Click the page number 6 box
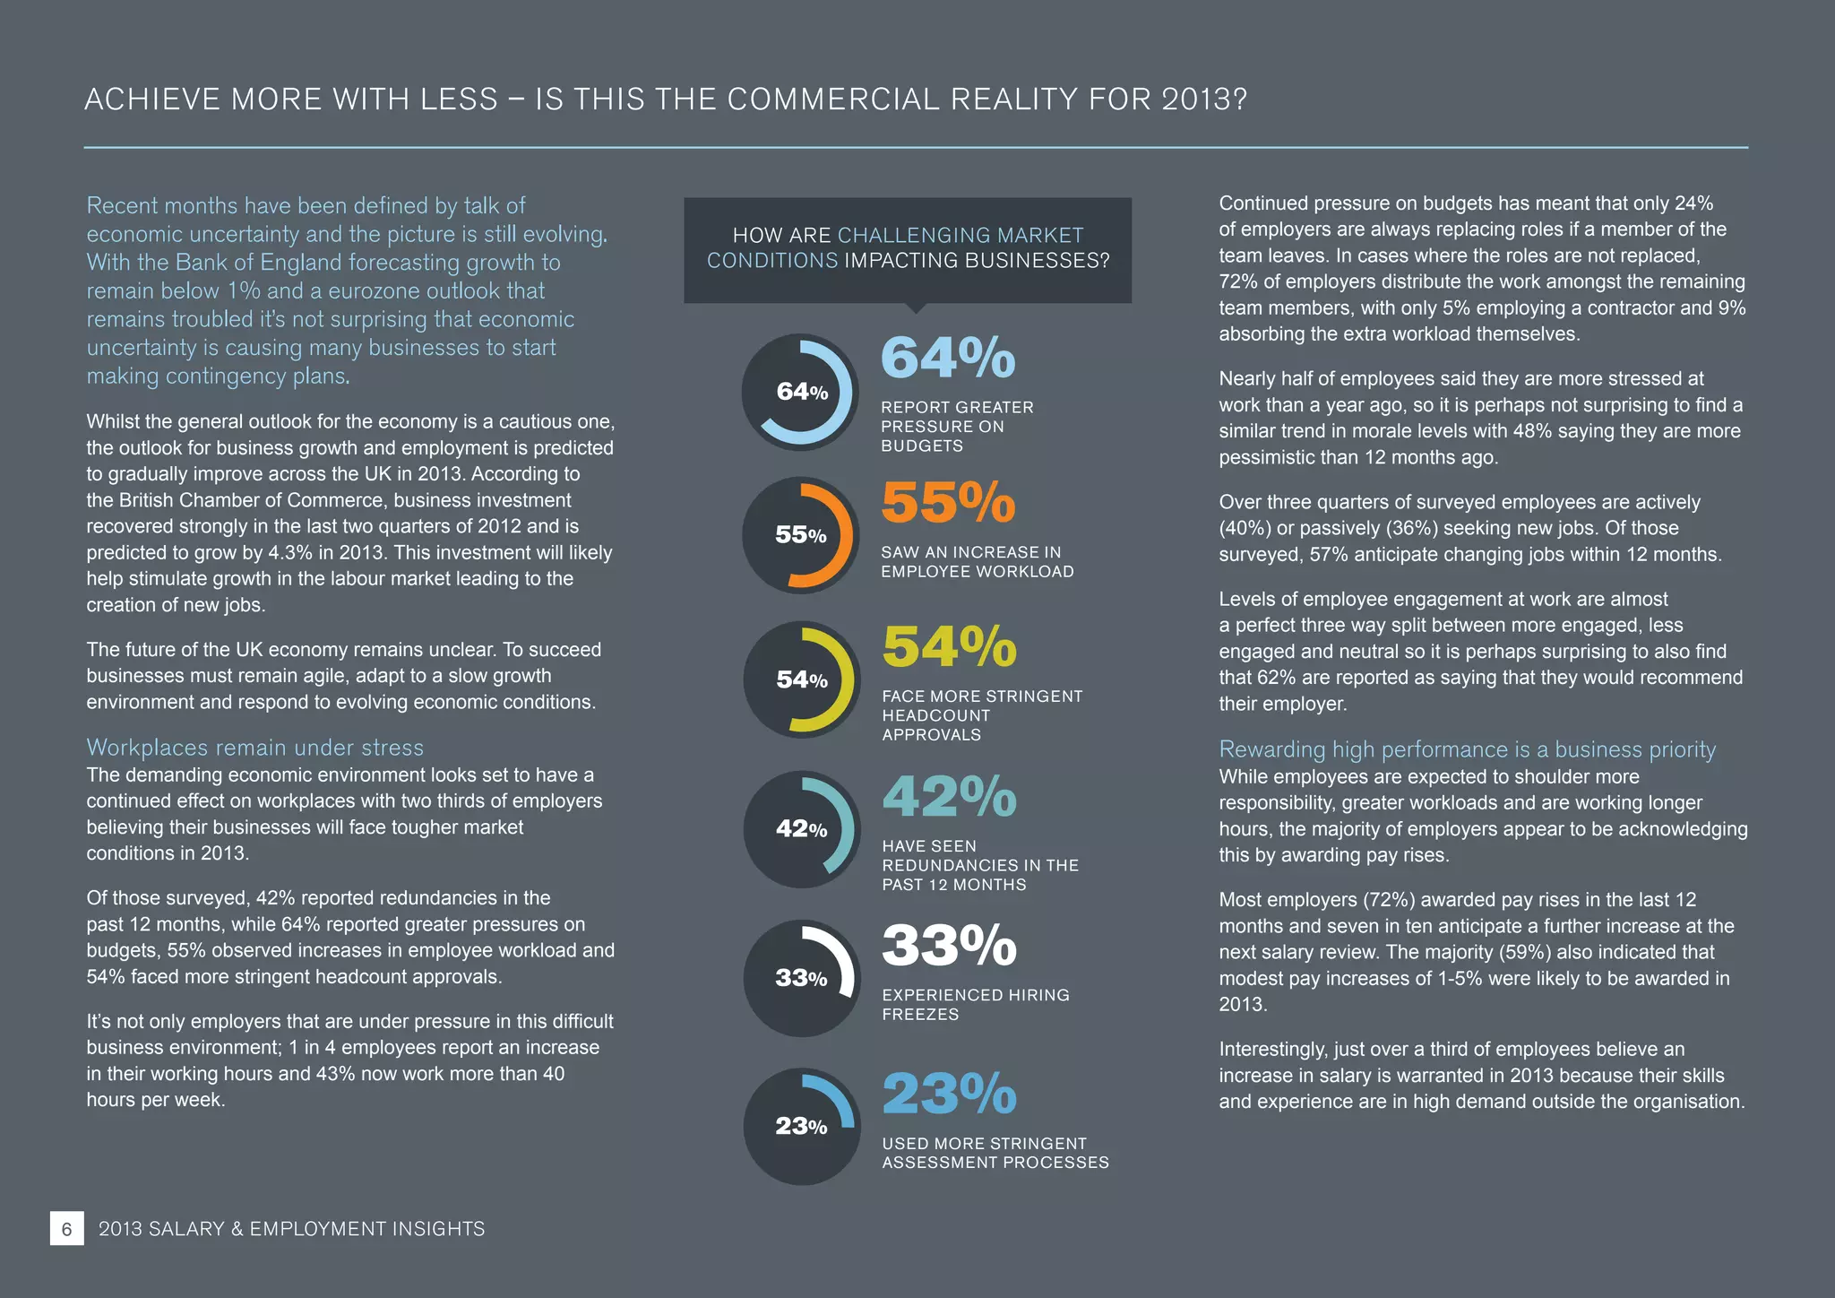click(66, 1228)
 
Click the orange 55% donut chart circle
click(801, 535)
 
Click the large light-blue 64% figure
click(948, 358)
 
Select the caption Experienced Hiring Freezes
click(975, 1004)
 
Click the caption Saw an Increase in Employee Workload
click(977, 562)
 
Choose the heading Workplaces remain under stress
click(254, 748)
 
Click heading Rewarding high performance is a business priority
click(1467, 749)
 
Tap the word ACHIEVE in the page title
click(152, 99)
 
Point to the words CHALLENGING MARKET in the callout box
click(960, 236)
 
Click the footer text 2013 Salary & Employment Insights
click(291, 1229)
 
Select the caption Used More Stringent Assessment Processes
click(995, 1153)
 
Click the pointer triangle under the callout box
click(915, 308)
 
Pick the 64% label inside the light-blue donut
click(802, 392)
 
